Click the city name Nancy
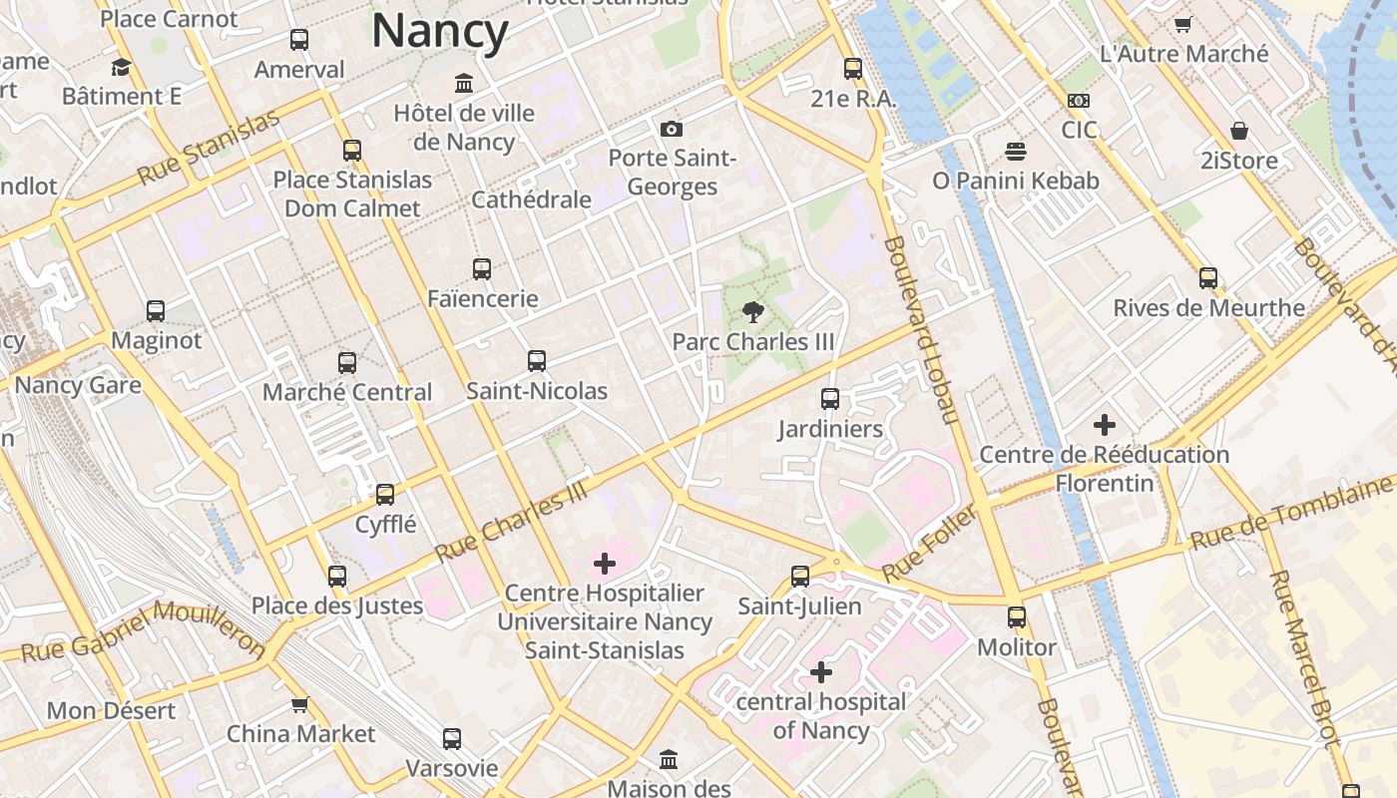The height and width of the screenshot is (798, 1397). click(x=440, y=31)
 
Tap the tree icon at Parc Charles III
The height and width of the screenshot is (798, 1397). click(x=753, y=312)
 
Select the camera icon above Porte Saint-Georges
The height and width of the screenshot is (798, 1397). click(x=672, y=129)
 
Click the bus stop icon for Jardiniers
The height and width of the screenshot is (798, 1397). click(x=830, y=399)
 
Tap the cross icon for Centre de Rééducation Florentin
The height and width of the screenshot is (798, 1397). click(x=1104, y=425)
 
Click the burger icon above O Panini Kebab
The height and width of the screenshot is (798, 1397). click(x=1016, y=152)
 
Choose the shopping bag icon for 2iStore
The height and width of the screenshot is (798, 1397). click(x=1239, y=131)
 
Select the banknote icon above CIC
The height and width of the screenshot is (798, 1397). click(x=1078, y=101)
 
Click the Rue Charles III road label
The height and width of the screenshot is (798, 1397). click(x=512, y=522)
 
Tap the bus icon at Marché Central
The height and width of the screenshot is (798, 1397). click(x=347, y=363)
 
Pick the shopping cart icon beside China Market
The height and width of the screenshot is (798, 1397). click(x=299, y=705)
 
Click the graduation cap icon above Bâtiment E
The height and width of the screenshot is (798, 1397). click(x=122, y=68)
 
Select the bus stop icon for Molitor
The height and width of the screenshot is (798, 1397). click(x=1016, y=617)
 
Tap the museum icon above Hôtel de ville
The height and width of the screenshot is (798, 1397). click(x=464, y=83)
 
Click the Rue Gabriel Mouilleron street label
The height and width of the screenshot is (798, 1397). click(x=145, y=631)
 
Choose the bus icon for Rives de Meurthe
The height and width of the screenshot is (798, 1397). click(x=1208, y=278)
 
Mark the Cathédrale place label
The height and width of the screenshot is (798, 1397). click(x=531, y=199)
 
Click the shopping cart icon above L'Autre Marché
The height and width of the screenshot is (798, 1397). click(x=1183, y=24)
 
